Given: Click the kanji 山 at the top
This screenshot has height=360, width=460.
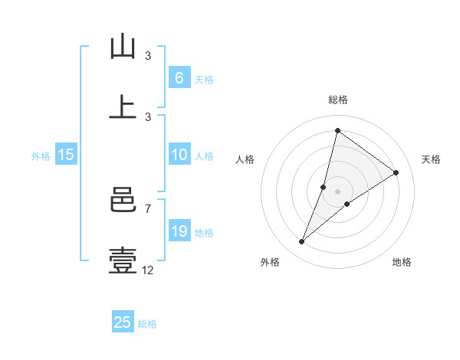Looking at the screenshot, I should click(123, 47).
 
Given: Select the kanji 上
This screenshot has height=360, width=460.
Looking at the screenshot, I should click(123, 107).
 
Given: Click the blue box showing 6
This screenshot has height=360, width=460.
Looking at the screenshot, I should click(179, 77).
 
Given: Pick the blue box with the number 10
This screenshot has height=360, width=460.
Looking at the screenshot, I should click(179, 155).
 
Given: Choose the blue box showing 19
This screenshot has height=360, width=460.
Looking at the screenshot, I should click(179, 231).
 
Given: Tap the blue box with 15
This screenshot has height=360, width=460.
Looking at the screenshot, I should click(66, 155).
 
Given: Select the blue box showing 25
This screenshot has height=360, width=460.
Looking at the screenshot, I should click(123, 322).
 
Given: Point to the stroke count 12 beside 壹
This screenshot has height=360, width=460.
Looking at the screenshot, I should click(148, 269).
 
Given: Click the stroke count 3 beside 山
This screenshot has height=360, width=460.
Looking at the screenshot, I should click(148, 56).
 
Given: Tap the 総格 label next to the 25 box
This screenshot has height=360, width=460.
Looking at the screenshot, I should click(147, 324).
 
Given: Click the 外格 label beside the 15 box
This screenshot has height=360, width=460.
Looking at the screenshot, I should click(41, 156).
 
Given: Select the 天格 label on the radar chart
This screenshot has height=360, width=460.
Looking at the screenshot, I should click(432, 159).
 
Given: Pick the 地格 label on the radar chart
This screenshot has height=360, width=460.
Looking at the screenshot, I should click(402, 262).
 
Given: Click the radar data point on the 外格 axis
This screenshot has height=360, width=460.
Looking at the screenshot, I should click(302, 242).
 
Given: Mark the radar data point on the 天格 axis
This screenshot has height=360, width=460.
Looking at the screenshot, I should click(396, 172).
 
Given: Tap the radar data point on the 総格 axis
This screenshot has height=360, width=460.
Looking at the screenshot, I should click(337, 130).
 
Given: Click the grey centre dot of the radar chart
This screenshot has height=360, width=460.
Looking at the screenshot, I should click(338, 191).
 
